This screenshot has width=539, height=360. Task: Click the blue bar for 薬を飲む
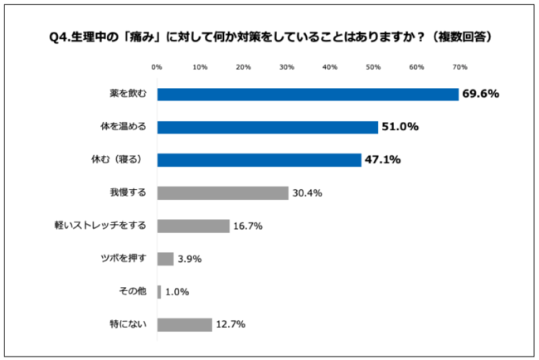click(x=307, y=95)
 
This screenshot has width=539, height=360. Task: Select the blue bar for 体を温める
click(x=267, y=127)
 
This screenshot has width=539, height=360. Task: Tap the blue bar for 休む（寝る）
click(x=259, y=160)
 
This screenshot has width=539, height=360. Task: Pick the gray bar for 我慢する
click(x=222, y=193)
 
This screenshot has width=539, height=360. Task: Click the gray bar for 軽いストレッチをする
click(x=192, y=226)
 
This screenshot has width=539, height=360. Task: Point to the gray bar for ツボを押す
click(x=165, y=259)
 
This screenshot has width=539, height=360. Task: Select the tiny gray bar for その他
click(x=158, y=292)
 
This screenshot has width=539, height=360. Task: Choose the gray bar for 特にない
click(x=184, y=324)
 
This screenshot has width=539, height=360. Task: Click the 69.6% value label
click(x=482, y=95)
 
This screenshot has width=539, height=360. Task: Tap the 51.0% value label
click(x=401, y=127)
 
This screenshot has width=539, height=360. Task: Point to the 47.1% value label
click(x=384, y=160)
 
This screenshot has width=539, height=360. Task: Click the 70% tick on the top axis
click(x=459, y=67)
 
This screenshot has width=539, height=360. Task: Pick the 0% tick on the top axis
click(x=157, y=67)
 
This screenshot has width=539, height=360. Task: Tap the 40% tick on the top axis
click(x=329, y=67)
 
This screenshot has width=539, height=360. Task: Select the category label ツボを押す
click(x=123, y=259)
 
